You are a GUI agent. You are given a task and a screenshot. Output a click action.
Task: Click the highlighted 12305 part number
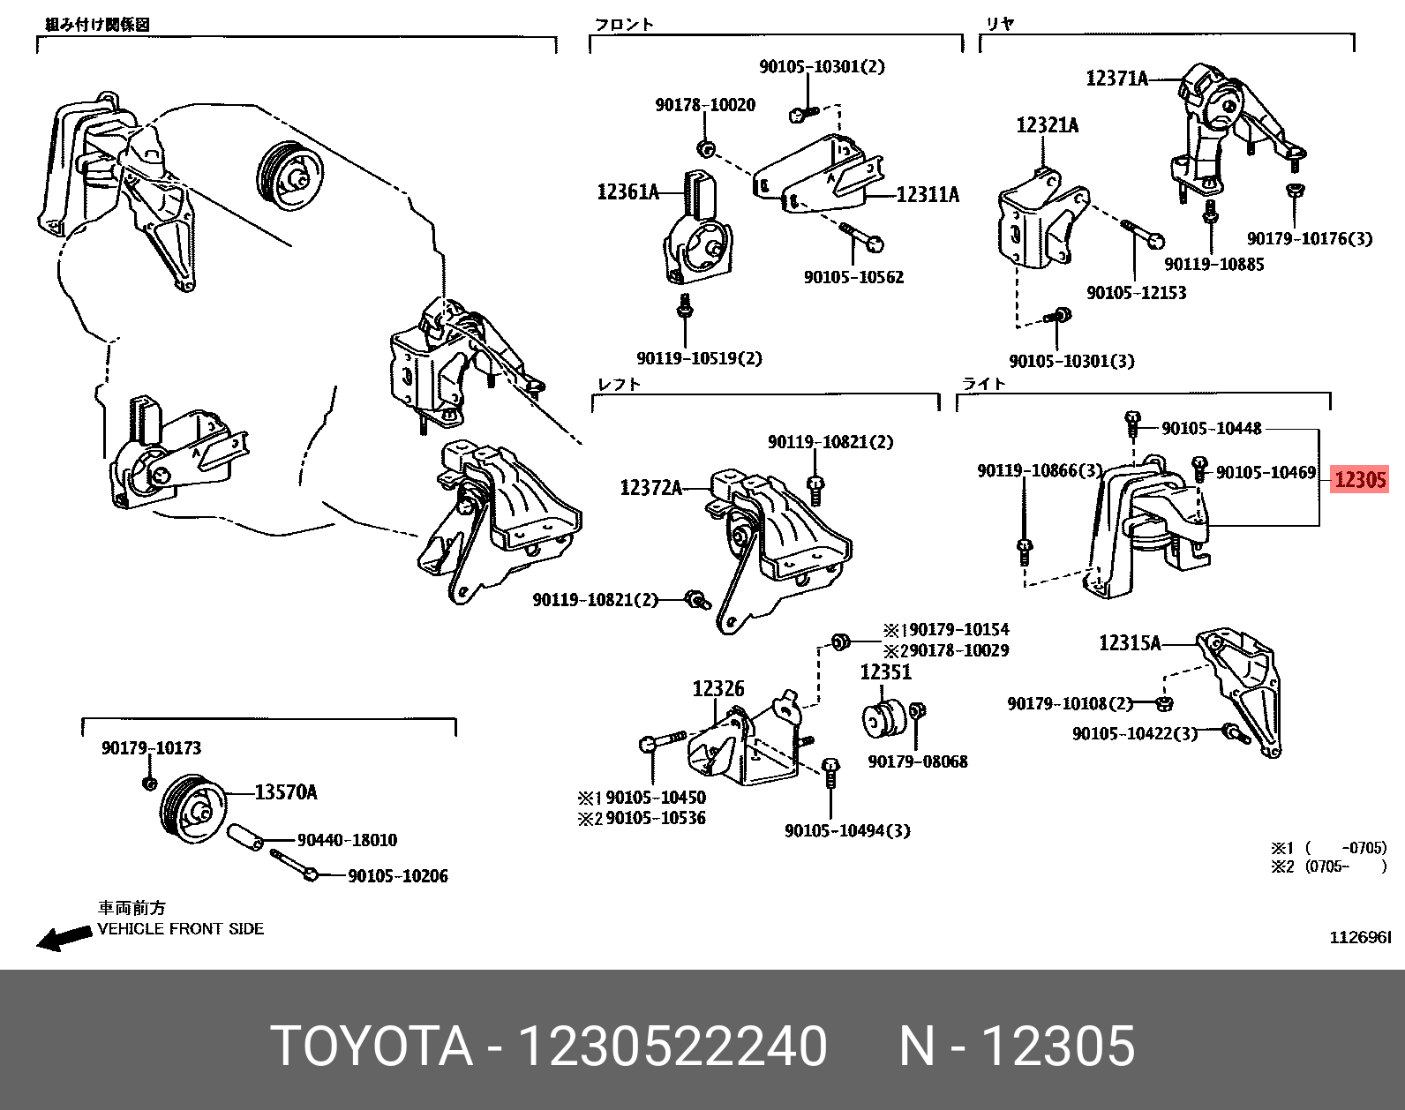tap(1360, 479)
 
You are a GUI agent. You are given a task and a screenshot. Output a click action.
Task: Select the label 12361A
tap(627, 191)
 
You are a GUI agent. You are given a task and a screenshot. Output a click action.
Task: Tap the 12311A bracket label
tap(928, 194)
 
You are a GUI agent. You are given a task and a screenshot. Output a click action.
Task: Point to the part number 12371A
tap(1116, 79)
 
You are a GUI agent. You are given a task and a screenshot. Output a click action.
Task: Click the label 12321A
tap(1047, 125)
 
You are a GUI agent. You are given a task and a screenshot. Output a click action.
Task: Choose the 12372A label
tap(650, 487)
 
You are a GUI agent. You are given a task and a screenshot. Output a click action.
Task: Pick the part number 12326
tap(718, 688)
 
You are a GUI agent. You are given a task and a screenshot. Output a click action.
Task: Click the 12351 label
tap(885, 672)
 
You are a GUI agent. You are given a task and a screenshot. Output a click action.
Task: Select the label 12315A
tap(1130, 642)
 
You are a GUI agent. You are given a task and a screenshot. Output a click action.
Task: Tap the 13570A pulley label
tap(286, 792)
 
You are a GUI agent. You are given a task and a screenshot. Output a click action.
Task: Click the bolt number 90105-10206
tap(398, 876)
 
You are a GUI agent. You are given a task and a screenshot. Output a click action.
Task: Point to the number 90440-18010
tap(347, 840)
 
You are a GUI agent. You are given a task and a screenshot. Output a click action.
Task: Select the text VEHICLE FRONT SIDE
tap(180, 929)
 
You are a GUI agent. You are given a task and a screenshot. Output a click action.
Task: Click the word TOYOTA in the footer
tap(371, 1046)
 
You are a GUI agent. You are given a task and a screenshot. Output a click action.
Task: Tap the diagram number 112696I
tap(1360, 937)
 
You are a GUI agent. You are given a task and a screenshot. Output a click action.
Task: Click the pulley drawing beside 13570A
tap(192, 809)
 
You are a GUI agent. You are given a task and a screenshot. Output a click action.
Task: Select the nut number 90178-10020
tap(705, 105)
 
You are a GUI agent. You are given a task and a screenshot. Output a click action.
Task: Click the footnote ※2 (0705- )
tap(1328, 866)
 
